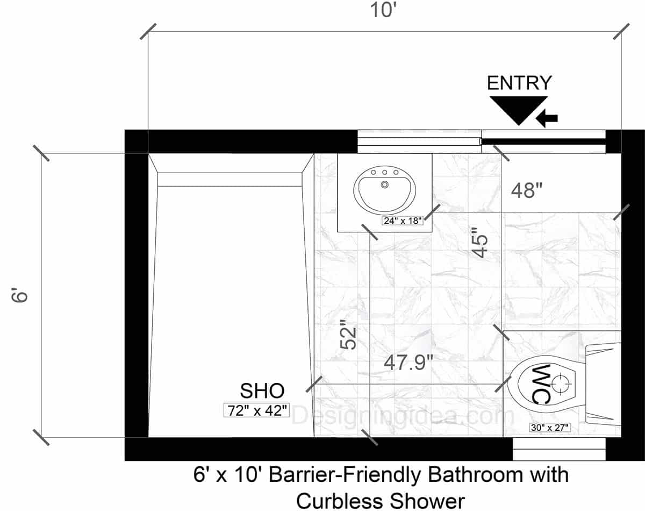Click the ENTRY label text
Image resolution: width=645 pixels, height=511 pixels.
(x=519, y=83)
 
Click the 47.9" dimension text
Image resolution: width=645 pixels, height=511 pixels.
(x=408, y=363)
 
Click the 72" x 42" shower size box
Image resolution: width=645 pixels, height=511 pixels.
(x=257, y=410)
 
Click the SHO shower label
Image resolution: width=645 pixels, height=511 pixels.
(x=262, y=391)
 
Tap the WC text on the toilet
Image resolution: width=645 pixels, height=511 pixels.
(x=542, y=383)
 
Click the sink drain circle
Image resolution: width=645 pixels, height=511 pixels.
(x=384, y=184)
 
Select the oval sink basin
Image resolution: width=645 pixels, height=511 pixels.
(x=384, y=190)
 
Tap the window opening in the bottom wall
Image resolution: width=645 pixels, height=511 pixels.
(x=559, y=449)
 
